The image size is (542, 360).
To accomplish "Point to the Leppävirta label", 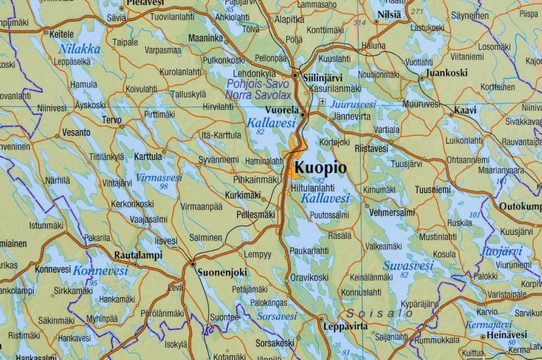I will coord(347,327).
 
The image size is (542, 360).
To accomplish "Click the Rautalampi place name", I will coord(139,255).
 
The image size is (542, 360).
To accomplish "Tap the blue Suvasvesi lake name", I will coord(403,265).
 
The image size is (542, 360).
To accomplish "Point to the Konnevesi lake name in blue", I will coord(96,270).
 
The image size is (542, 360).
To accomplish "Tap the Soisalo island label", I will coord(379,314).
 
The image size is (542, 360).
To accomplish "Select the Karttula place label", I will coord(148,155).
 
